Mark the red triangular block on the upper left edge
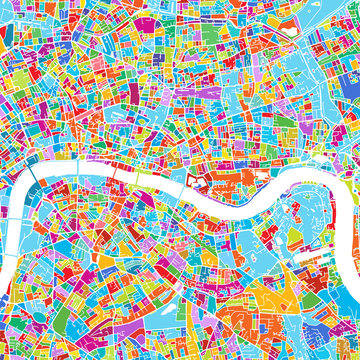pyautogui.click(x=8, y=60)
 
